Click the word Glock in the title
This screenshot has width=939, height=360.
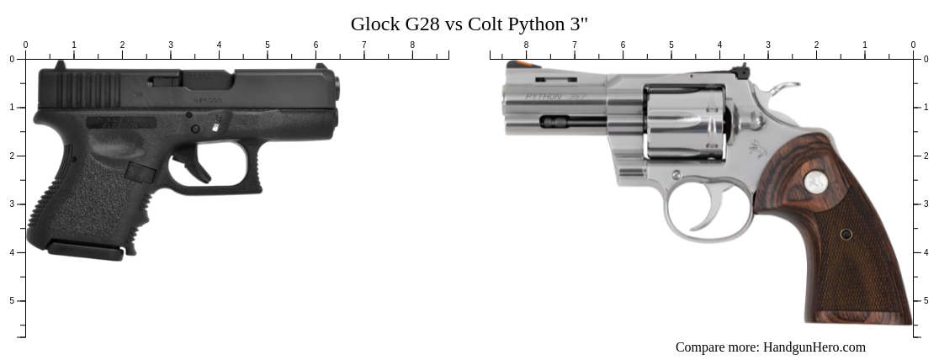377,24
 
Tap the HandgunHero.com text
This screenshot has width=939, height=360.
814,347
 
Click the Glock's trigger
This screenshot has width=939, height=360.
201,169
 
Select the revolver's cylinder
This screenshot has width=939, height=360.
685,122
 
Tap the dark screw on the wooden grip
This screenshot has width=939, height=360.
846,234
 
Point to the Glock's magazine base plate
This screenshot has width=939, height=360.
85,250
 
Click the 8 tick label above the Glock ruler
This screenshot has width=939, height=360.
412,45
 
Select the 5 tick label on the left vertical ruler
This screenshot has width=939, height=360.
12,300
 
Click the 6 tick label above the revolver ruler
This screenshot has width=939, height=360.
623,45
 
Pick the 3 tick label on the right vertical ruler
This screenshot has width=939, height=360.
927,204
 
